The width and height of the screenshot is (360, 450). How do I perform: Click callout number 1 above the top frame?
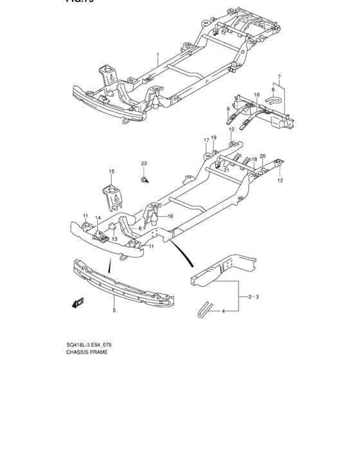point(157,56)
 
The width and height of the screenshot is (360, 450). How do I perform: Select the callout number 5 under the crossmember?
point(114,310)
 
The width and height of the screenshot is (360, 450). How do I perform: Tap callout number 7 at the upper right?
point(279,77)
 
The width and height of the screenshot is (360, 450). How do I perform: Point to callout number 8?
point(272,90)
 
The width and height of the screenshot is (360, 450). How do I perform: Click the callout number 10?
point(256,94)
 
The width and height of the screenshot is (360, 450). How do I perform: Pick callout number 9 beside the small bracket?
point(228,110)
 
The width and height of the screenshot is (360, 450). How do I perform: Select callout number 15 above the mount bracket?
point(111,172)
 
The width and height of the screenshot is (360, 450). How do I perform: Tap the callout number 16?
point(170,217)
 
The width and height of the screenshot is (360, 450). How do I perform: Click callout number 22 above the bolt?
point(145,163)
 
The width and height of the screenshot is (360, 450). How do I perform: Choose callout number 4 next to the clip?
point(224,311)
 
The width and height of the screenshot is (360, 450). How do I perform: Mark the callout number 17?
point(206,139)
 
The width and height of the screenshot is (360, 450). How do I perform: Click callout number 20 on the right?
point(262,156)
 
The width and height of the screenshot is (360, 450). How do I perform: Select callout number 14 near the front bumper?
point(98,219)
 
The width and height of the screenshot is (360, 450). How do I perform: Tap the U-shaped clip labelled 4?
point(204,308)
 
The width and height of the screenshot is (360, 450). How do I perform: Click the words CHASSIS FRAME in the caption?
point(87,353)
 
